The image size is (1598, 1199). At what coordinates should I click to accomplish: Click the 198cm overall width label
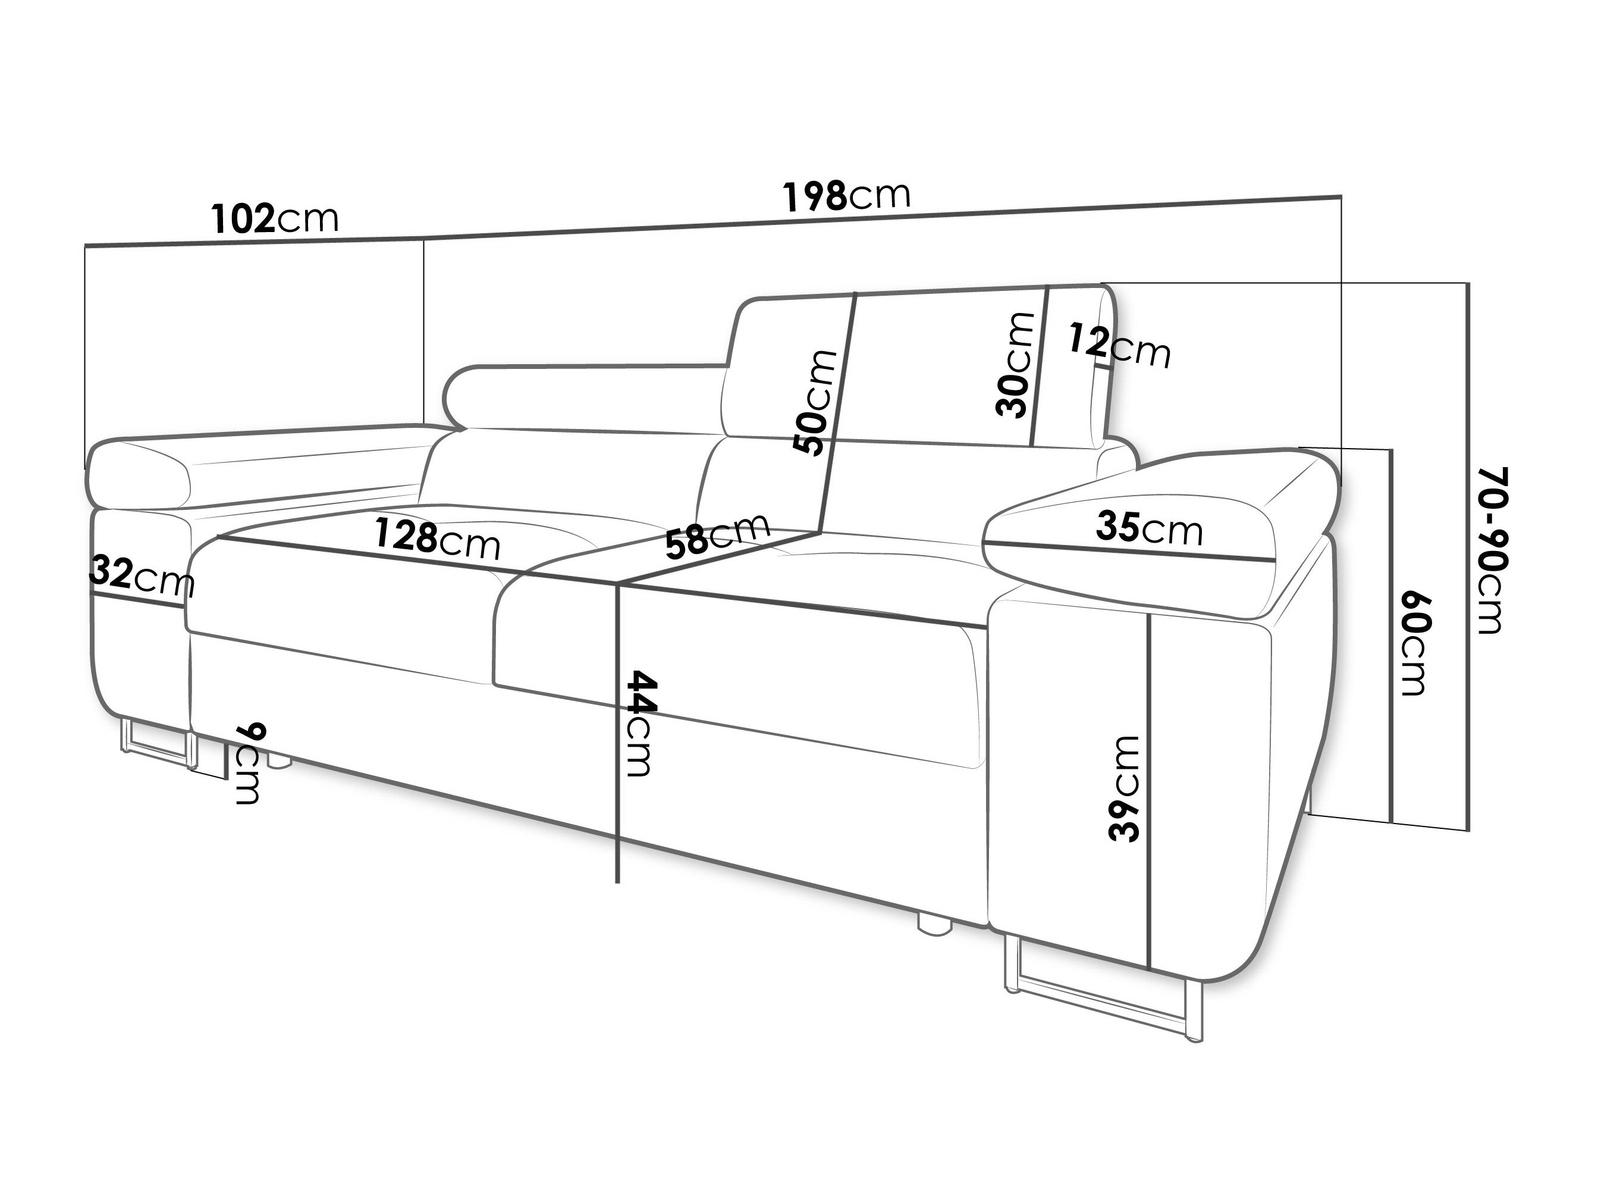[x=847, y=196]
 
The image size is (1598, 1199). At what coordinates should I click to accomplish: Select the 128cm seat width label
[x=437, y=539]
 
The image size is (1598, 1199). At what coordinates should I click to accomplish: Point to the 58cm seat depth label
[x=717, y=536]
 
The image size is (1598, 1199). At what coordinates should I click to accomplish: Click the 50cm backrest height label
[x=815, y=403]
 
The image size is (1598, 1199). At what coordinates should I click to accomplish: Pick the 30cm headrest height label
[x=1013, y=365]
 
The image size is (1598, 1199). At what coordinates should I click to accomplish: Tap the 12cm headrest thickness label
[x=1119, y=346]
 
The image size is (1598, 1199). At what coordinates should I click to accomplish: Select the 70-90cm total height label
[x=1490, y=550]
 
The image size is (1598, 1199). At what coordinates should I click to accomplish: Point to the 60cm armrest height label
[x=1414, y=644]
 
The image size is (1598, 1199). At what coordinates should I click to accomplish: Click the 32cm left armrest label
[x=142, y=576]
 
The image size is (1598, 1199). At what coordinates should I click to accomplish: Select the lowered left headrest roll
[x=585, y=397]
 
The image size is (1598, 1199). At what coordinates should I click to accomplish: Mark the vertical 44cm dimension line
[x=618, y=732]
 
